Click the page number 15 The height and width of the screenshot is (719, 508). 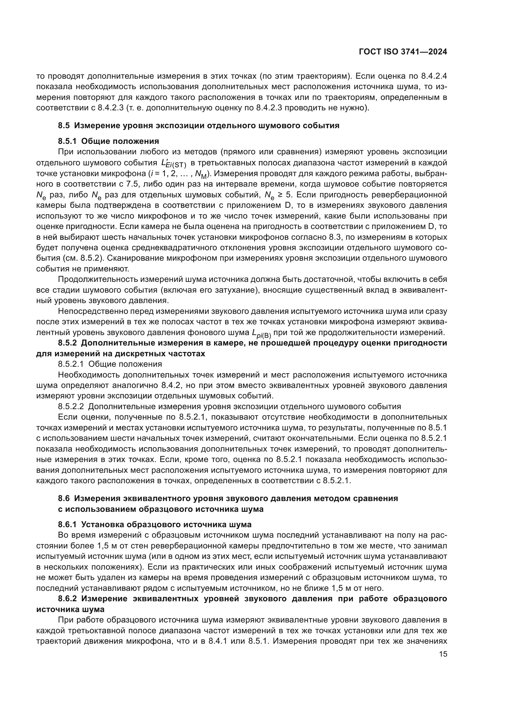(x=443, y=654)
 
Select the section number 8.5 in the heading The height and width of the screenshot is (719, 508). (x=64, y=126)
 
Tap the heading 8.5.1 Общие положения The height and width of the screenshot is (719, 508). (x=108, y=141)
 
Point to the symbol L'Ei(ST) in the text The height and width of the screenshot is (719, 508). (x=173, y=164)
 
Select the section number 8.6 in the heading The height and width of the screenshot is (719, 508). (x=64, y=498)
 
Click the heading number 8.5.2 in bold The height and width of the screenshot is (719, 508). (x=67, y=343)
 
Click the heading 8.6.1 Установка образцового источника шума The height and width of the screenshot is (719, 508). (x=154, y=524)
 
